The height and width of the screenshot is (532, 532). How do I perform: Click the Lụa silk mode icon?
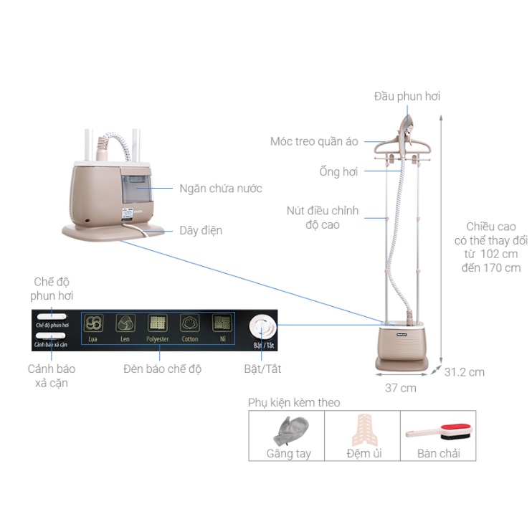click(x=93, y=323)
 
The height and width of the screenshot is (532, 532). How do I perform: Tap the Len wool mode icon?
click(x=125, y=323)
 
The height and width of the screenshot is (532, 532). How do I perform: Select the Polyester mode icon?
click(x=157, y=323)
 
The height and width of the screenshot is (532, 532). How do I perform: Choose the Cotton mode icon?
click(x=189, y=323)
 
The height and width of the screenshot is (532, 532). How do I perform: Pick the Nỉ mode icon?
click(x=222, y=323)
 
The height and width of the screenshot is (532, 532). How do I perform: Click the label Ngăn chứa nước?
click(x=221, y=189)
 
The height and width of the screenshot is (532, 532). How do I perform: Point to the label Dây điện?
click(x=201, y=230)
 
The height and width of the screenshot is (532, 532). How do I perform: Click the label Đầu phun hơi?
click(x=407, y=96)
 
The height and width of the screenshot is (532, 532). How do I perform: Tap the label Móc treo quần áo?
click(x=314, y=141)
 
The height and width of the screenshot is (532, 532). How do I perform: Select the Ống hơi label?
click(x=338, y=171)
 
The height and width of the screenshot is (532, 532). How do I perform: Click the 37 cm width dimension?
click(x=400, y=388)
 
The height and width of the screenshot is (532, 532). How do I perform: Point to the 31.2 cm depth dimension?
click(x=464, y=372)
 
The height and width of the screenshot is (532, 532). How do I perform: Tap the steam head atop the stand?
click(x=406, y=126)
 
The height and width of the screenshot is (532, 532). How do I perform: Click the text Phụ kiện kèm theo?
click(x=294, y=402)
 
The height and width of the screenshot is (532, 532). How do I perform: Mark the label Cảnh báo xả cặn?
click(x=52, y=376)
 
